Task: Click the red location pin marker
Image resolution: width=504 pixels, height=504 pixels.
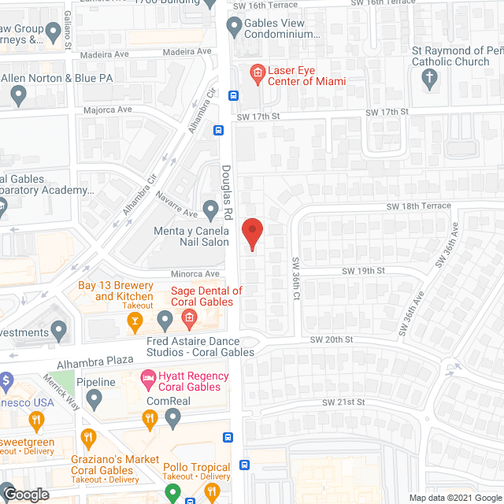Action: [x=251, y=234]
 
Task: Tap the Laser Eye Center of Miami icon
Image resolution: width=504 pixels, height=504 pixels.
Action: [x=256, y=75]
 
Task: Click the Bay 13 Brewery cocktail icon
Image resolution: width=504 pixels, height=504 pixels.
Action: [x=135, y=321]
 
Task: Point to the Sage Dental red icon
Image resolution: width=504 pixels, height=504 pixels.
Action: [x=189, y=319]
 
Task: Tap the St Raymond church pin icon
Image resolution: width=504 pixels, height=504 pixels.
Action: [x=429, y=77]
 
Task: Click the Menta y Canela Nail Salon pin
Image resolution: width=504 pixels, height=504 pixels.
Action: [x=210, y=210]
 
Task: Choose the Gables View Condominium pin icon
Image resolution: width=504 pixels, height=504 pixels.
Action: [x=234, y=26]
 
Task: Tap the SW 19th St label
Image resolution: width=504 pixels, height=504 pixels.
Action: [x=363, y=270]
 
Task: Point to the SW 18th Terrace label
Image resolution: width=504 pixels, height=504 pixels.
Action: [x=418, y=206]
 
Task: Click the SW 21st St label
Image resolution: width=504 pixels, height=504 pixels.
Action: [x=343, y=402]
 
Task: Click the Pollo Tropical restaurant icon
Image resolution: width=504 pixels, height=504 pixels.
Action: [x=211, y=491]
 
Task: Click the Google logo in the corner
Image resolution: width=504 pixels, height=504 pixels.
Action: [x=25, y=495]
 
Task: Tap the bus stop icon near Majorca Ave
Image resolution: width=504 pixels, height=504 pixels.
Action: [x=233, y=95]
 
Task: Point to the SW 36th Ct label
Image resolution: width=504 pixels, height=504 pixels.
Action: [x=296, y=280]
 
